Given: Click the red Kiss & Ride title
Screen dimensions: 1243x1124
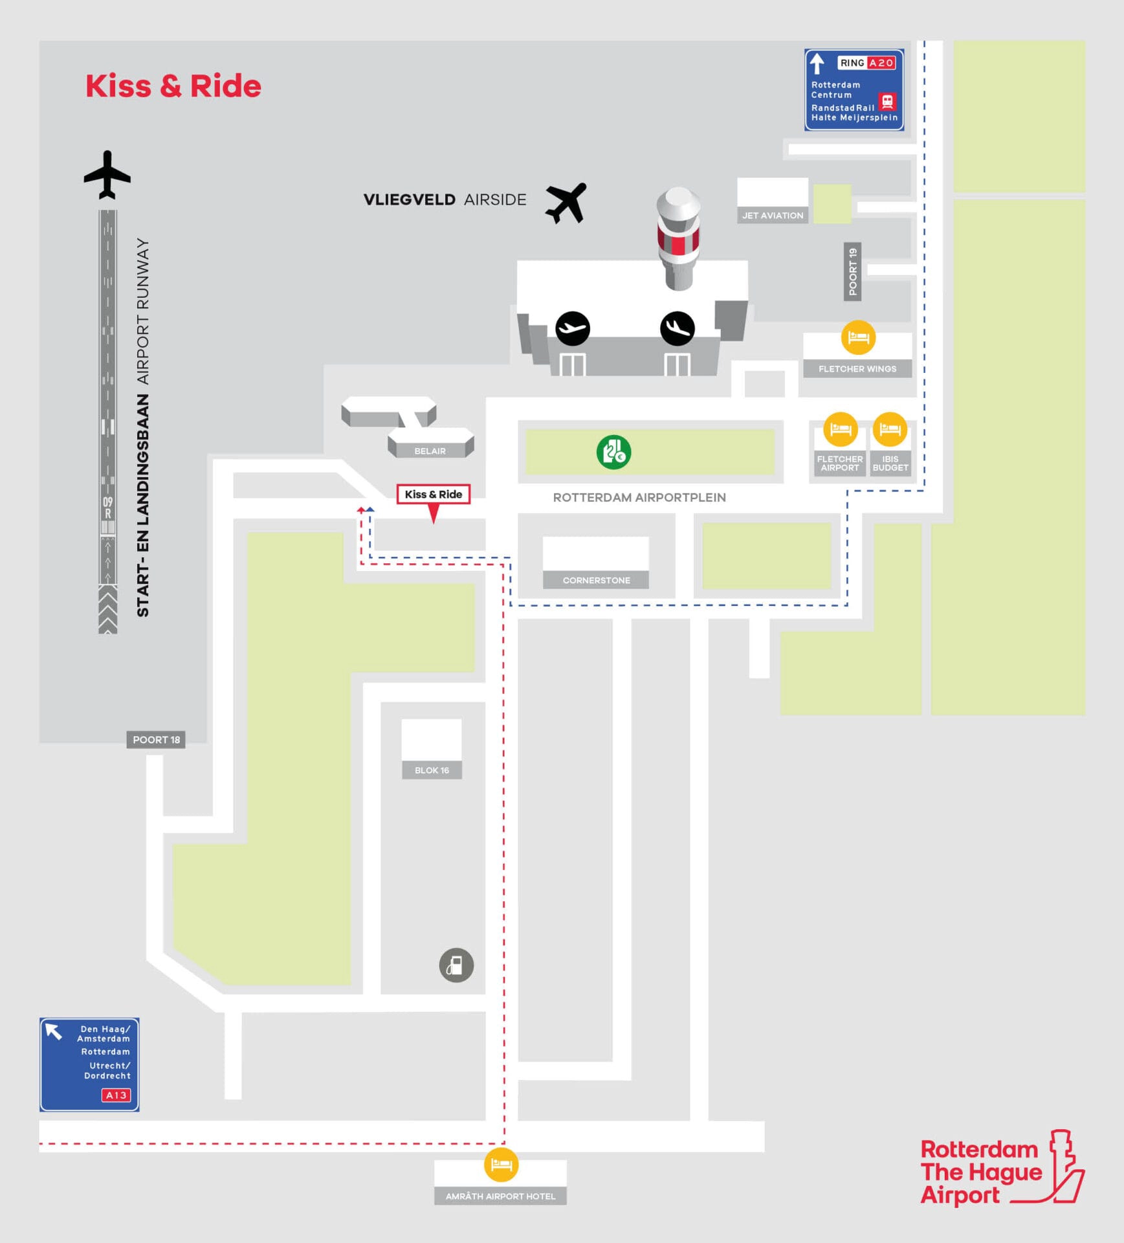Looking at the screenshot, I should coord(173,86).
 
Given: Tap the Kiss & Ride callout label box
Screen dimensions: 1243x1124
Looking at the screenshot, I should coord(433,494).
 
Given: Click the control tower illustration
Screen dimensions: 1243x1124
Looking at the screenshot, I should coord(678,237).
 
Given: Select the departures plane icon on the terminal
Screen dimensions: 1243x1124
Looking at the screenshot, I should coord(573,328).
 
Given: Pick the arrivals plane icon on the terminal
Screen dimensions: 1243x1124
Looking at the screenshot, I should coord(678,328).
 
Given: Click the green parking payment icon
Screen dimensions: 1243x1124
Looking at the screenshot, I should coord(613,452).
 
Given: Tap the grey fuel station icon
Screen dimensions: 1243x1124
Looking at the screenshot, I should coord(456,965).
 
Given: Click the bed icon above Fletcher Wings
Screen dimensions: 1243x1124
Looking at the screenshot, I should coord(858,337).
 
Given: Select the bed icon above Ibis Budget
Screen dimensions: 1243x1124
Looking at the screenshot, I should coord(890,429).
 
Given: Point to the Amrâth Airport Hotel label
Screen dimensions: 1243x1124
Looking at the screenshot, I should coord(500,1196).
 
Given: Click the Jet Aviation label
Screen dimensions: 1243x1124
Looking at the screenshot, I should coord(773,216).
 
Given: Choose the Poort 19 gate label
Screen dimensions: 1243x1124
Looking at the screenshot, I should coord(853,271).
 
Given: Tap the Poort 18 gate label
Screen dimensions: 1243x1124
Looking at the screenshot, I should coord(156,739).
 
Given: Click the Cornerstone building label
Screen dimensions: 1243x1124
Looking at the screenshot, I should coord(596,580).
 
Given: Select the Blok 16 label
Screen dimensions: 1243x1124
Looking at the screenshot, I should coord(432,770).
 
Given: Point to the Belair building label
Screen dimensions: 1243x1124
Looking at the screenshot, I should coord(430,451).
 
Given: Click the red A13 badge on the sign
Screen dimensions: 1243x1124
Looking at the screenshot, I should coord(116,1095).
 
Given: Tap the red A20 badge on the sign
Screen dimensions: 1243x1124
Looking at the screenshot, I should coord(881,63).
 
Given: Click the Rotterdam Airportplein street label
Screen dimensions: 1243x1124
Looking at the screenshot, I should coord(639,497).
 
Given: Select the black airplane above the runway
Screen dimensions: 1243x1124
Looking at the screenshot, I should coord(107,175).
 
